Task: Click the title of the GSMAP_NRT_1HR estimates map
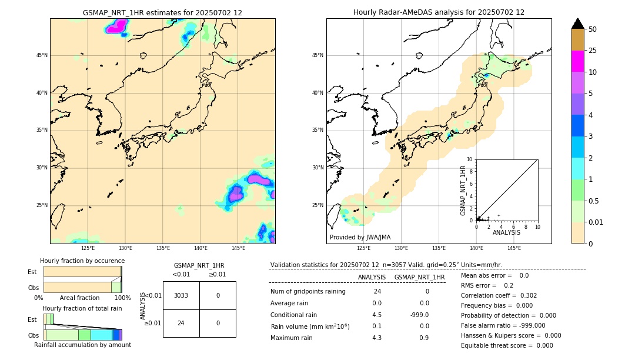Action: point(162,12)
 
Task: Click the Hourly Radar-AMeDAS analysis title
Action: point(439,12)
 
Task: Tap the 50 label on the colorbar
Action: point(593,29)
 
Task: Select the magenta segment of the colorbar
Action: point(577,61)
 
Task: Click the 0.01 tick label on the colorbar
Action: point(596,222)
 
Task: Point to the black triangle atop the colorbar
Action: point(577,24)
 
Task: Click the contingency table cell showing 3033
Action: point(181,295)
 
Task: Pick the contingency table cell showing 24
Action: point(181,323)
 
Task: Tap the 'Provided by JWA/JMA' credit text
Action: point(360,237)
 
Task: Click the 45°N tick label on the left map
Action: point(42,55)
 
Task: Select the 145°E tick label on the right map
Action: point(514,248)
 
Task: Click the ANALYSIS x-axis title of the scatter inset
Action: point(506,233)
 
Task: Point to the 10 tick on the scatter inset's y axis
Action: point(469,159)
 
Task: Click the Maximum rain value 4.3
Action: point(377,338)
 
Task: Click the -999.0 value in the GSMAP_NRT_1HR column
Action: point(419,314)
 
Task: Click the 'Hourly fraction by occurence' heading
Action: point(82,261)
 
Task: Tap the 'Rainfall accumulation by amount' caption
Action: point(82,345)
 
